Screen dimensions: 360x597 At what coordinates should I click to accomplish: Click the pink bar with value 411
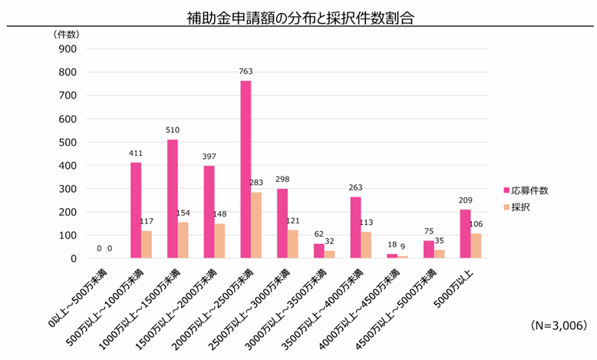click(136, 210)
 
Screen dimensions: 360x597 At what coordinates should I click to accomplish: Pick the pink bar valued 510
click(172, 199)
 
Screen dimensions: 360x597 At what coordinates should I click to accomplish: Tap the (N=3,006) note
click(559, 325)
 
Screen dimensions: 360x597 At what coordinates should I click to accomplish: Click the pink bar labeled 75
click(428, 249)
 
